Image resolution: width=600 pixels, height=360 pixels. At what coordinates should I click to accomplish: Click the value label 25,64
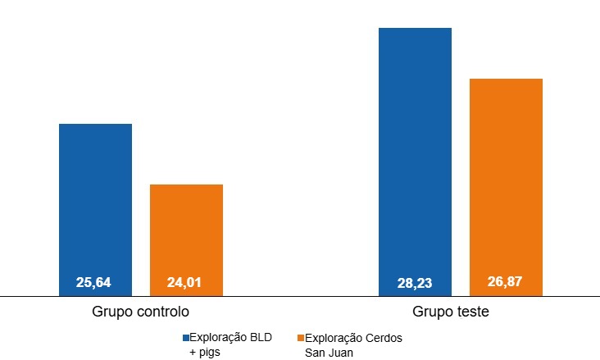[93, 283]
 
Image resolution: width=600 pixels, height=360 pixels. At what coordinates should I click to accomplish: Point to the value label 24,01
[184, 283]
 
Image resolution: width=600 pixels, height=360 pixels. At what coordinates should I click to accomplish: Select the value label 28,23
[414, 284]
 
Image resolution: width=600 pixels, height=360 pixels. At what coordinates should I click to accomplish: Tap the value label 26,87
[505, 282]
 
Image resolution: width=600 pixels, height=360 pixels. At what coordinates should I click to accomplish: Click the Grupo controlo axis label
[141, 312]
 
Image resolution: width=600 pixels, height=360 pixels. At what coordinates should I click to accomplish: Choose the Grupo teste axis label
[451, 312]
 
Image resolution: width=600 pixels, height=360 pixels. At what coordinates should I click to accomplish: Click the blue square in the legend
[186, 338]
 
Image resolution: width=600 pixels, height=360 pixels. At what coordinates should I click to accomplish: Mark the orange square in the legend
[300, 338]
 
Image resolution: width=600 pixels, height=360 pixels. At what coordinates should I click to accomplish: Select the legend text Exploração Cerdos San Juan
[352, 344]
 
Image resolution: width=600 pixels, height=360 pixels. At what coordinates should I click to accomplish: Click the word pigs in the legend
[211, 352]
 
